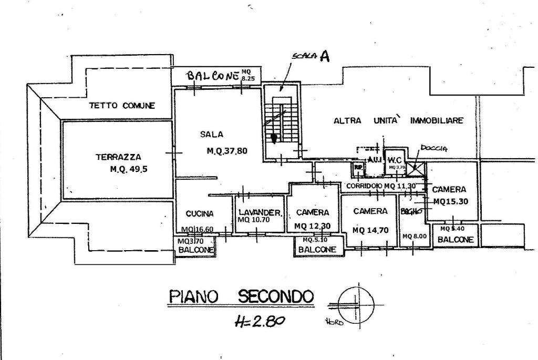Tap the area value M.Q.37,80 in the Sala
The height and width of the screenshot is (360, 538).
[227, 151]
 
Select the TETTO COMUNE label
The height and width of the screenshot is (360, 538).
[122, 106]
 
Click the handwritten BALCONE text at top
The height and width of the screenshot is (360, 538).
[213, 76]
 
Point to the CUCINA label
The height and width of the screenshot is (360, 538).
[200, 214]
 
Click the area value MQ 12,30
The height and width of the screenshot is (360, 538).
[313, 226]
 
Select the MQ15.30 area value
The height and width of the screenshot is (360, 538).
[451, 201]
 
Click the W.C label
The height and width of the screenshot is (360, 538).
[395, 160]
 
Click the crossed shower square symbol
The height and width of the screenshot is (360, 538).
[418, 169]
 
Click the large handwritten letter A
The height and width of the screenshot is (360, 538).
[325, 57]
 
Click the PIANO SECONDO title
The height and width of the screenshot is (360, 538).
[241, 297]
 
